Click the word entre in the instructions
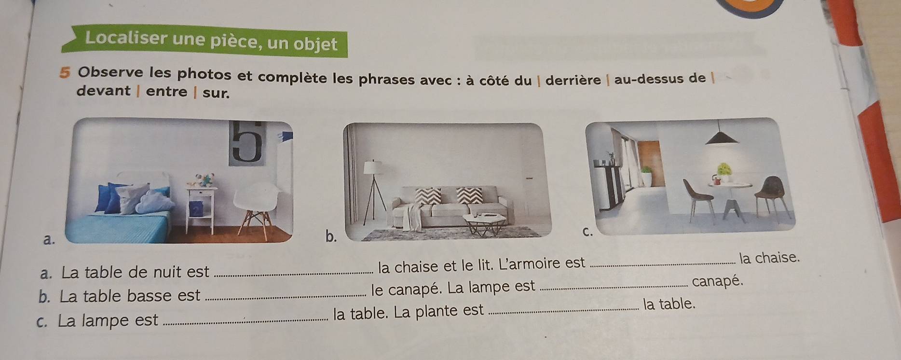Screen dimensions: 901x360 click(x=166, y=91)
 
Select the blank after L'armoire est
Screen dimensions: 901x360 click(x=662, y=263)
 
